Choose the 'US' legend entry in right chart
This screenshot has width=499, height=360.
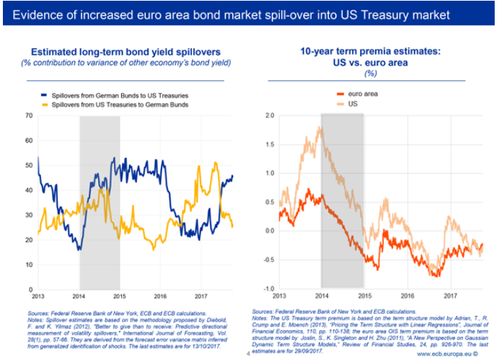coord(353,104)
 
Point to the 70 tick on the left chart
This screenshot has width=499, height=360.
coord(30,115)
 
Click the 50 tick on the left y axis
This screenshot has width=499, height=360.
coord(30,165)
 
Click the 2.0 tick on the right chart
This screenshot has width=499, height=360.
coord(269,115)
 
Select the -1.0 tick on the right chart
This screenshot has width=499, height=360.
coord(268,289)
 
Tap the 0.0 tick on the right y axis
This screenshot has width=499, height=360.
coord(269,231)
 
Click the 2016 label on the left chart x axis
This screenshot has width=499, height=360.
coord(161,296)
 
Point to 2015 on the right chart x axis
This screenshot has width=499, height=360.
coord(364,296)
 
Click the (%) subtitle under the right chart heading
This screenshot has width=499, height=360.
coord(371,73)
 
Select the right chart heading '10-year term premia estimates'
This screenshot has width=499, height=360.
coord(370,51)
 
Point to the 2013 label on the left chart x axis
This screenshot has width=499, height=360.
coord(38,296)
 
